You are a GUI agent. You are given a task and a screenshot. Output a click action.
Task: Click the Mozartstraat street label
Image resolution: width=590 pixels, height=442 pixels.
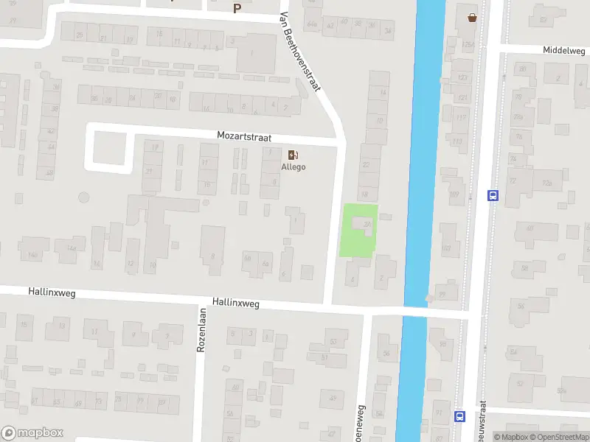pyautogui.click(x=244, y=136)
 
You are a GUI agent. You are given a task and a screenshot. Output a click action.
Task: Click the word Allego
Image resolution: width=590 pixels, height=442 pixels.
pyautogui.click(x=293, y=166)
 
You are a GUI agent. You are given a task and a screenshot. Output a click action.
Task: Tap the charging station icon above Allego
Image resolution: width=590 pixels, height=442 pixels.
pyautogui.click(x=293, y=154)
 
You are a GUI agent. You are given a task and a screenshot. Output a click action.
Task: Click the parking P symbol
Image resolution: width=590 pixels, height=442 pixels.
pyautogui.click(x=237, y=8)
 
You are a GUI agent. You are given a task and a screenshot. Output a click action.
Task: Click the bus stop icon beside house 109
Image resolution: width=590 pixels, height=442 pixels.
pyautogui.click(x=493, y=195)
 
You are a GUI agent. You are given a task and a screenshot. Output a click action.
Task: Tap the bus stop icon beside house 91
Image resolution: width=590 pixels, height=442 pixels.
pyautogui.click(x=459, y=416)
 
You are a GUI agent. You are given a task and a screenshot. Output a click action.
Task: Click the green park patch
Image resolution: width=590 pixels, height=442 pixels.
pyautogui.click(x=358, y=231)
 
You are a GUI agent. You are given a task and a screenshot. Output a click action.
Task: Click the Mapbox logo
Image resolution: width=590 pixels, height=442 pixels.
pyautogui.click(x=32, y=433)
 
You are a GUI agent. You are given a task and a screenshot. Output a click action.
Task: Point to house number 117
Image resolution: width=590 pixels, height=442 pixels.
pyautogui.click(x=461, y=117)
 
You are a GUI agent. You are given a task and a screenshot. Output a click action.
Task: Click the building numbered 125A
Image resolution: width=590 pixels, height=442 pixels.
pyautogui.click(x=468, y=44)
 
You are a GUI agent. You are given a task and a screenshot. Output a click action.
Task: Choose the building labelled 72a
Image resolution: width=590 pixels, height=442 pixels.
pyautogui.click(x=546, y=183)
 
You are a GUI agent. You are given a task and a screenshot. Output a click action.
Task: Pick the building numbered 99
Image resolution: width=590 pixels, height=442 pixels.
pyautogui.click(x=443, y=294)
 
